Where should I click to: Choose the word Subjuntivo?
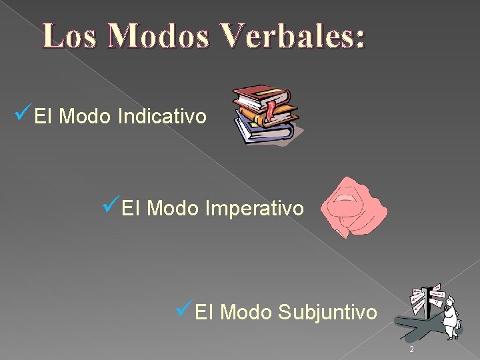[327, 311]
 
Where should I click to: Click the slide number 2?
[411, 350]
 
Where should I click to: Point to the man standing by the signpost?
[451, 313]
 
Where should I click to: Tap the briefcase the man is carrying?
[459, 326]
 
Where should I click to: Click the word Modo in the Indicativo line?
[85, 117]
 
